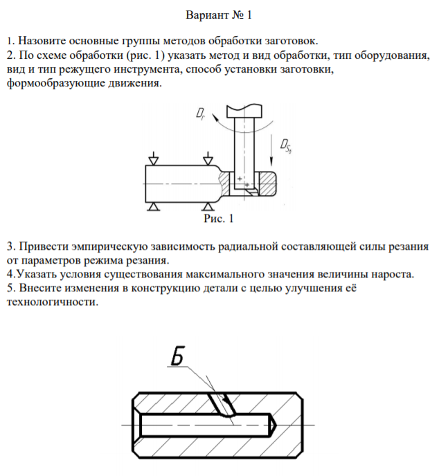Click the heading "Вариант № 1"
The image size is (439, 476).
[219, 15]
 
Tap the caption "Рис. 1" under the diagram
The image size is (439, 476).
[218, 219]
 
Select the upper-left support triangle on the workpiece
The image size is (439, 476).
[153, 160]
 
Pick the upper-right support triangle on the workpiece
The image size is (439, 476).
[208, 160]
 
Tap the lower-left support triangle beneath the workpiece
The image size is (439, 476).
[153, 205]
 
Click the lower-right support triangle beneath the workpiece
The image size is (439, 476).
[208, 205]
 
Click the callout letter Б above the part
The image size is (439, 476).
[177, 358]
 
